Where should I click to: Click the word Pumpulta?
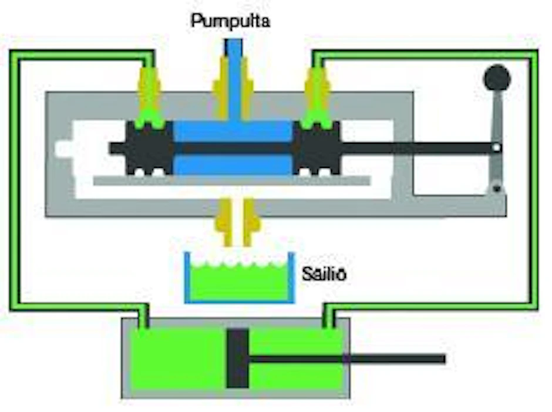coord(231,21)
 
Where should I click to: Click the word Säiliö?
coord(324,273)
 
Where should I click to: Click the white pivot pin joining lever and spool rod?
coord(496,148)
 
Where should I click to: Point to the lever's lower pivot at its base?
coord(497,189)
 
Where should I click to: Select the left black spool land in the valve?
coord(150,148)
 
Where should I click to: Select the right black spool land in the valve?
coord(317,148)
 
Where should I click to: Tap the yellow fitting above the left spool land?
coord(150,92)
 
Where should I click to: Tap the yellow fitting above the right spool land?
coord(318,92)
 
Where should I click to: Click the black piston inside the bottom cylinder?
coord(238,358)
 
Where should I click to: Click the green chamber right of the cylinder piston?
coord(297,358)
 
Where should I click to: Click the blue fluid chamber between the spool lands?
coord(233,148)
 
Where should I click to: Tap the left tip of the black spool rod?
coord(110,148)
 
